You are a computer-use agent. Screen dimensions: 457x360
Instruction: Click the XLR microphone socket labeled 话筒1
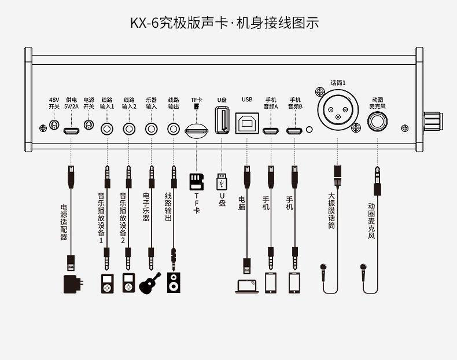[338, 110]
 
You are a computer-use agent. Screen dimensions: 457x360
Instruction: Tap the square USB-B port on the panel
[247, 123]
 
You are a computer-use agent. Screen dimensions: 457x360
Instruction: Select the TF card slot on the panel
[197, 130]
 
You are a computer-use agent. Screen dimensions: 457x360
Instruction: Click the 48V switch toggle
[54, 126]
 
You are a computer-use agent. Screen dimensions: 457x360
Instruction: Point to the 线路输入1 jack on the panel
[107, 129]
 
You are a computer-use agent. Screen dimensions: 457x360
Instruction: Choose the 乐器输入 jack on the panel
[151, 129]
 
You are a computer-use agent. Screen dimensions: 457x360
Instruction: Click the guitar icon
[150, 283]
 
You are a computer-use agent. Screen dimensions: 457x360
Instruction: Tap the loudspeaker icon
[174, 282]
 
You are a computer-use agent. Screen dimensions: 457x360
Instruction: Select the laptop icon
[247, 286]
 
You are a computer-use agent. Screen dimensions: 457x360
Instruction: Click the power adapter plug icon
[73, 284]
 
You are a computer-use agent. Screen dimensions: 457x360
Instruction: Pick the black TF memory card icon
[197, 182]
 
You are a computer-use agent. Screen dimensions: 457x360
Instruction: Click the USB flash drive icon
[222, 182]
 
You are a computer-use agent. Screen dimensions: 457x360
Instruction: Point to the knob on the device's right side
[433, 122]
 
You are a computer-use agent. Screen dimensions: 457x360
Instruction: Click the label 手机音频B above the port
[295, 103]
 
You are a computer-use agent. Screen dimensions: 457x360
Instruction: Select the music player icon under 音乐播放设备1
[107, 284]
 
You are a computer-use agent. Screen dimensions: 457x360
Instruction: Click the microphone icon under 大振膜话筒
[323, 272]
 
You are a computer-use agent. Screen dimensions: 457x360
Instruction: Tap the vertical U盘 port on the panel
[222, 120]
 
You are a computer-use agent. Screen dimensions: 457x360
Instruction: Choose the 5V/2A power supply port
[71, 131]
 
